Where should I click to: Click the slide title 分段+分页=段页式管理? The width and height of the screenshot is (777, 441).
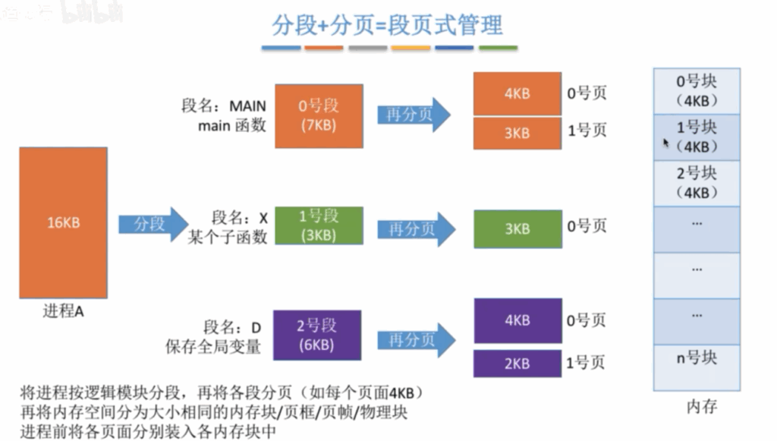388,25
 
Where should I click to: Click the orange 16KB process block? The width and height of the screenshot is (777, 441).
64,222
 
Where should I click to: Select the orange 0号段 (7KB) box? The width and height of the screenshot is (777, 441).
319,116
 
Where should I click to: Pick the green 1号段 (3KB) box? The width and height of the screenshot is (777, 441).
319,225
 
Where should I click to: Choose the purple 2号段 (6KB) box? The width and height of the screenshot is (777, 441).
317,335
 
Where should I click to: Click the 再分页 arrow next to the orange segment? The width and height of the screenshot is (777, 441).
414,115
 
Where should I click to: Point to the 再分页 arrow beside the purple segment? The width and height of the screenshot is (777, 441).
417,340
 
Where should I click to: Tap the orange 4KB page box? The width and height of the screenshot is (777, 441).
517,93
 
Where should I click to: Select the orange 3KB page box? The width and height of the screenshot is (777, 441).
517,134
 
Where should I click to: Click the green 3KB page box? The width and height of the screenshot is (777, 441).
517,229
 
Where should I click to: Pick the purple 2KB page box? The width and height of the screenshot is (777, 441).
517,364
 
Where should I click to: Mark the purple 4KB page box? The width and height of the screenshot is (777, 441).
517,320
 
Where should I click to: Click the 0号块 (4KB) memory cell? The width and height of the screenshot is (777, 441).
697,91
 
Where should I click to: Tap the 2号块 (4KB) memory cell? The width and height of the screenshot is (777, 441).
697,184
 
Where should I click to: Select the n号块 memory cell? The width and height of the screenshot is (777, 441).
697,367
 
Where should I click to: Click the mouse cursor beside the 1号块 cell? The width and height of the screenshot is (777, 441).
666,143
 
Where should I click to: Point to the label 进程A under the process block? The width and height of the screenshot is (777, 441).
64,311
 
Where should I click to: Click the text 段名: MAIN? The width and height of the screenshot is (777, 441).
224,106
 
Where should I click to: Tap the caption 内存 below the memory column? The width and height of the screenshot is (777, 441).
702,407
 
